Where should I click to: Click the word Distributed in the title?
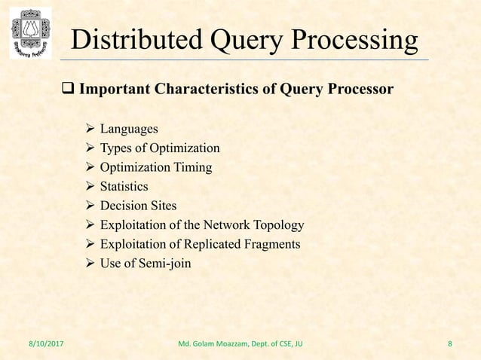click(x=131, y=40)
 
